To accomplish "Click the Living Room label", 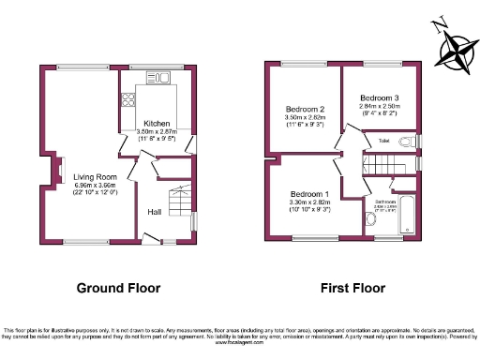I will pos(95,176).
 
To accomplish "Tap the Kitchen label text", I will pos(157,123).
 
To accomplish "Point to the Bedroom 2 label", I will pos(305,110).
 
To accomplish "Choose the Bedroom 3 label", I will pos(380,97).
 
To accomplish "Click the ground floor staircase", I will pos(175,200).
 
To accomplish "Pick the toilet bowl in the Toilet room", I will pos(406,142).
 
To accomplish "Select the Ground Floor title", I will pos(118,288).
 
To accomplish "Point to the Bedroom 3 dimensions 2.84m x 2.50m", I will pos(379,106).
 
